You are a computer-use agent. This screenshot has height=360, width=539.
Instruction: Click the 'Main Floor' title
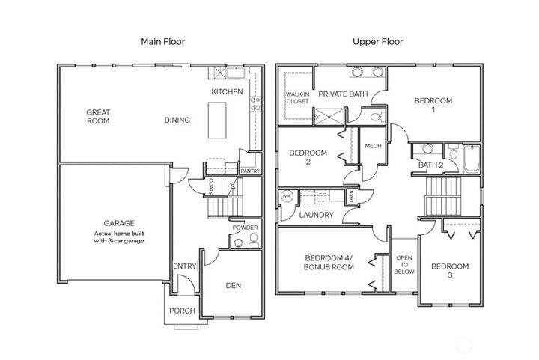pyautogui.click(x=163, y=41)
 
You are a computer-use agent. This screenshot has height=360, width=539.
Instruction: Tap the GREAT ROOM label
pyautogui.click(x=97, y=116)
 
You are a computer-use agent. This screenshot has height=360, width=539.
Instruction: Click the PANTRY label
pyautogui.click(x=249, y=171)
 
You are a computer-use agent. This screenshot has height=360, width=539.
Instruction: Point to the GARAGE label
pyautogui.click(x=119, y=223)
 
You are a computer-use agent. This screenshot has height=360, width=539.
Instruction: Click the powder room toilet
pyautogui.click(x=252, y=240)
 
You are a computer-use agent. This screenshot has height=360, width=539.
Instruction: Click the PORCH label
pyautogui.click(x=181, y=311)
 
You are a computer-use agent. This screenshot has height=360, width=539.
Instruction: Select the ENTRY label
pyautogui.click(x=183, y=266)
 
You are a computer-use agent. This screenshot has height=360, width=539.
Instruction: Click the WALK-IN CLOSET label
pyautogui.click(x=297, y=97)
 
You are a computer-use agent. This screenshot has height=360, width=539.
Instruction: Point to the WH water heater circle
pyautogui.click(x=286, y=197)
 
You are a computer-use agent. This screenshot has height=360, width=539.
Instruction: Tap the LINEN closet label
pyautogui.click(x=351, y=196)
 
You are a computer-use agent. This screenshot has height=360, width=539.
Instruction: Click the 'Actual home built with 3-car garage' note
pyautogui.click(x=119, y=237)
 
